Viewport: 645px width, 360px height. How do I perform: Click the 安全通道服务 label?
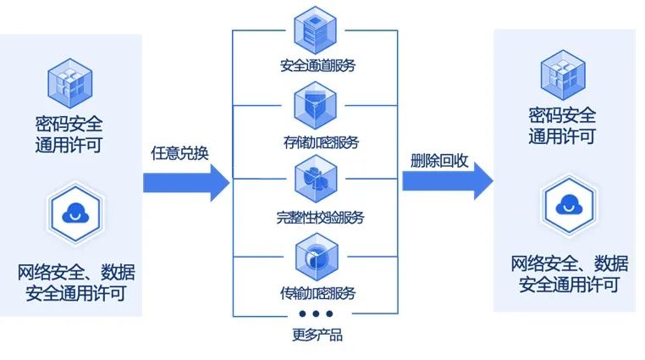[315, 65]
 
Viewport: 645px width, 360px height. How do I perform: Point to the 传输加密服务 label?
[315, 294]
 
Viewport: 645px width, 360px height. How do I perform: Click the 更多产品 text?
[315, 335]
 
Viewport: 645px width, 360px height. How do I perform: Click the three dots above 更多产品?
[315, 315]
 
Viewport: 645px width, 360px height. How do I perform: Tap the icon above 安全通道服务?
[315, 29]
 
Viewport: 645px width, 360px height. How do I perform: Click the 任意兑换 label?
[179, 153]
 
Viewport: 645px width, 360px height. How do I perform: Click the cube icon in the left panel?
[69, 83]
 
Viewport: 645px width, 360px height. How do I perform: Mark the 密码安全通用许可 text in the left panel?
[69, 134]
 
